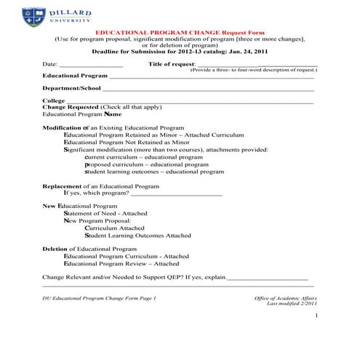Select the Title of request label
pos(172,64)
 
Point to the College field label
pos(53,100)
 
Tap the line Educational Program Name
pos(81,114)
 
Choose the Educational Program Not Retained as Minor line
pos(127,143)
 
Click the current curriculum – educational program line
pos(144,157)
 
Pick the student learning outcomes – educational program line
pos(154,172)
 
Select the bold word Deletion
pos(55,249)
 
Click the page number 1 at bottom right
pos(317,319)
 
